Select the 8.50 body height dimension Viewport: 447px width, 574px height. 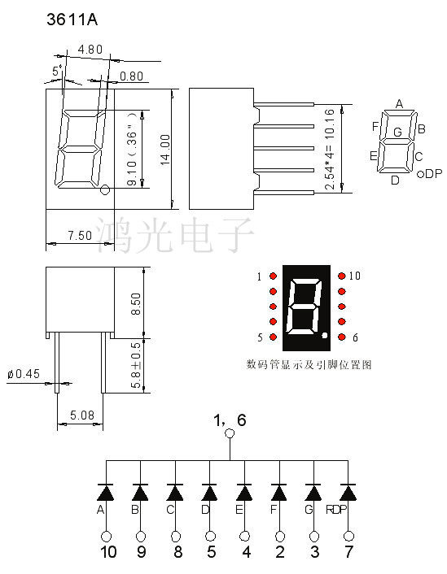click(x=137, y=303)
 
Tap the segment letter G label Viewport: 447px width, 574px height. click(x=397, y=132)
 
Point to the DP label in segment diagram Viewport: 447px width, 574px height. click(x=433, y=174)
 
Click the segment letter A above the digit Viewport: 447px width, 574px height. click(x=399, y=103)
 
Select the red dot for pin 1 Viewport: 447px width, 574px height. click(x=273, y=276)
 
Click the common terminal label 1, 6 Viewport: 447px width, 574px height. click(x=229, y=420)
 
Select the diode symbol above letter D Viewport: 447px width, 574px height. click(x=209, y=492)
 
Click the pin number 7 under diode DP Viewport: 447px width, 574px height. click(x=349, y=554)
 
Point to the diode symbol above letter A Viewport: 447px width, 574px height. click(x=105, y=492)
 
